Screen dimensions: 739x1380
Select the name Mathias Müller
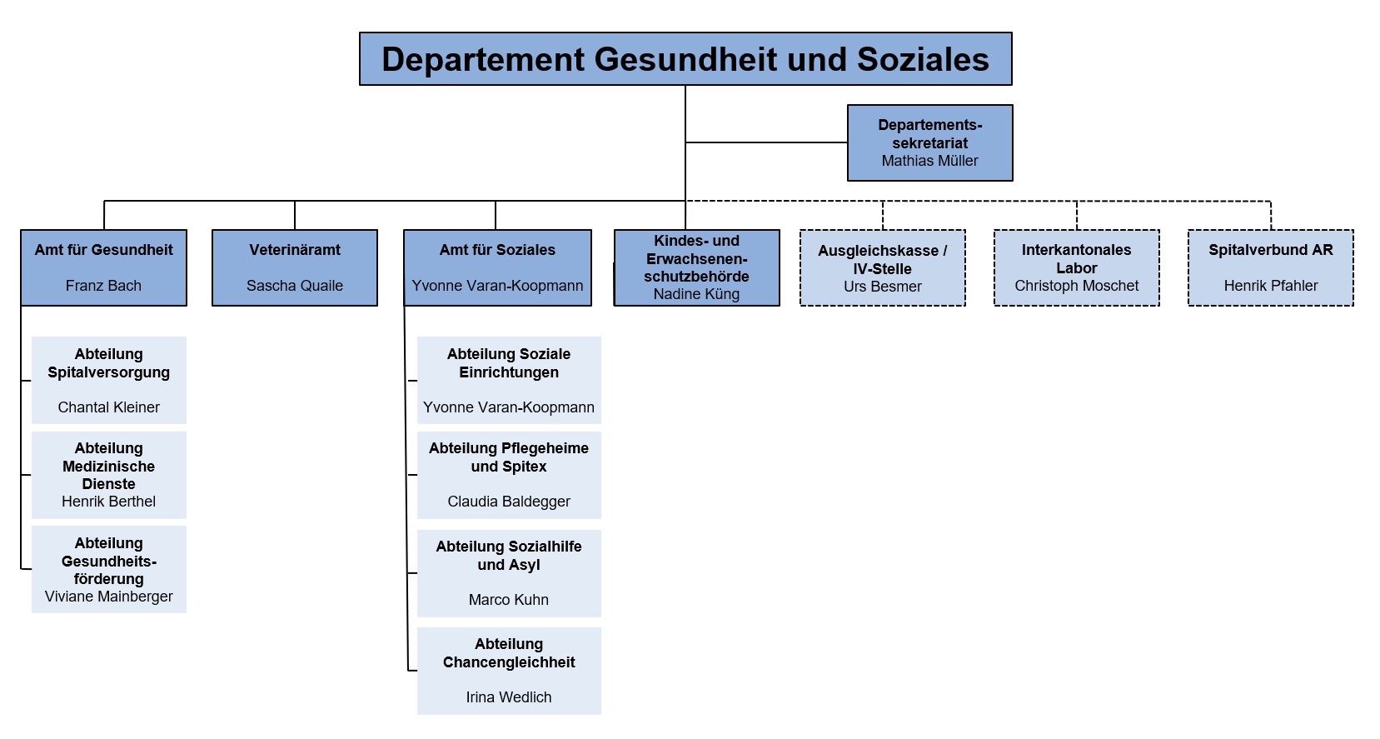[929, 161]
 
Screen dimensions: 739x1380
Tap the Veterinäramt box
[295, 267]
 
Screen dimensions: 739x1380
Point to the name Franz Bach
[103, 286]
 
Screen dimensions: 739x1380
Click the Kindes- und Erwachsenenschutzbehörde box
[696, 267]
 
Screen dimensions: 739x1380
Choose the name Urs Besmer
[882, 287]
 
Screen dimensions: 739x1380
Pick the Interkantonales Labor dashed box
[1076, 267]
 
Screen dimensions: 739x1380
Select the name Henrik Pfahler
[1270, 286]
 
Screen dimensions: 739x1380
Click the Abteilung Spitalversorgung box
[108, 380]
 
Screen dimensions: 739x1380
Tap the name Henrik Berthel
[108, 502]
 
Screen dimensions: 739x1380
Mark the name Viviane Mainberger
[108, 597]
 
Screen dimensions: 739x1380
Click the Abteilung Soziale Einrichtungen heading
[509, 363]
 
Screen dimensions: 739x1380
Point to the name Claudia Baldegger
[509, 502]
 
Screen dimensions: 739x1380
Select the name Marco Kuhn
[509, 600]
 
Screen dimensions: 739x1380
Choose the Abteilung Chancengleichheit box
[509, 670]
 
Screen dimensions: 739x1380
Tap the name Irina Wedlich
[509, 697]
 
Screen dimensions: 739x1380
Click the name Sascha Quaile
[295, 286]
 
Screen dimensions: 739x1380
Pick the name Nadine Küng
[696, 294]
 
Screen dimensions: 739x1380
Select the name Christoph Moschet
[1076, 286]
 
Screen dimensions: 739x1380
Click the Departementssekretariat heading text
[929, 134]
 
